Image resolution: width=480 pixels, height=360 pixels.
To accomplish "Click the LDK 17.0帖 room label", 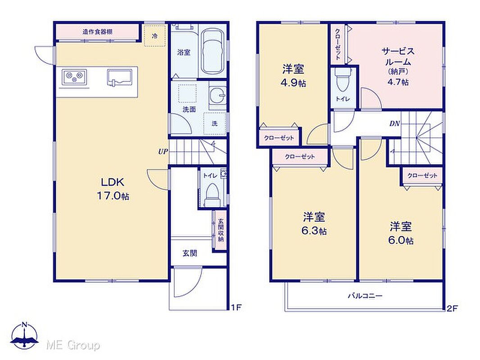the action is coord(113,189).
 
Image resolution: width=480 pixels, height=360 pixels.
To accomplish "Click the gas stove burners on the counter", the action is coord(75,77).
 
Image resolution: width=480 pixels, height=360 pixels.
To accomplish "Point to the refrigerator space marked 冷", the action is coord(155,36).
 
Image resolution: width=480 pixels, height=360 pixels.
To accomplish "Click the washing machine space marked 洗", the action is coord(215,123).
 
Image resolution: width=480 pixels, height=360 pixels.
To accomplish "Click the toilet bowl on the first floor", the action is coord(212,193).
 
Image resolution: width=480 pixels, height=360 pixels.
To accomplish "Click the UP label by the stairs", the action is coord(163,151).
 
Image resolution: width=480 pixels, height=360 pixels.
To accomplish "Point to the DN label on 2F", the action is coord(394,124).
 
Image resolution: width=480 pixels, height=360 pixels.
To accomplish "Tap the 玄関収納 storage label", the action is coord(221,230).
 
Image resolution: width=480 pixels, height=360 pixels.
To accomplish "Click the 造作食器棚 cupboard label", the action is coord(97,31).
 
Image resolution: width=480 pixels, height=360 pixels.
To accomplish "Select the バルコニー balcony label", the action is coord(365,296).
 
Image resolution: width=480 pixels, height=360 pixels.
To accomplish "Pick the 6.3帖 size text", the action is coord(314,230).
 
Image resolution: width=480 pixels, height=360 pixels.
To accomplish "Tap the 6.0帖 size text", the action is coord(401,240).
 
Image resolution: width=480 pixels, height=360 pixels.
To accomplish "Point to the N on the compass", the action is coord(25,324).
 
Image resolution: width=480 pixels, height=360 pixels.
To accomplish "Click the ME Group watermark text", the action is coord(73,346).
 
